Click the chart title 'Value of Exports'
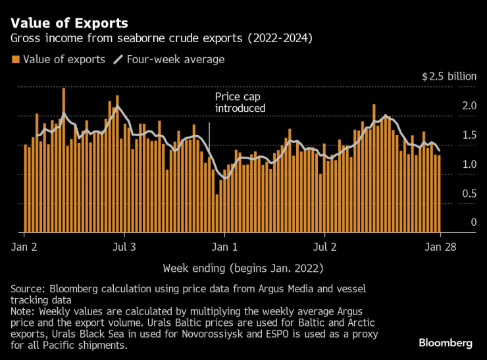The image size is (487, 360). [x=69, y=24]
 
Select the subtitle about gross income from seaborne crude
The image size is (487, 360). [x=161, y=39]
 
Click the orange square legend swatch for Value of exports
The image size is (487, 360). [x=15, y=60]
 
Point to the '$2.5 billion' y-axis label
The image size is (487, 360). [x=449, y=76]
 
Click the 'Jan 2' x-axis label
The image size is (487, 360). [x=24, y=247]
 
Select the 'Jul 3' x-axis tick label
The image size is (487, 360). [x=124, y=247]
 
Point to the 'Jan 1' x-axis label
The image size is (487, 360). [x=224, y=247]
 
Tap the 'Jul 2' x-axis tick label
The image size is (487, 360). [x=324, y=247]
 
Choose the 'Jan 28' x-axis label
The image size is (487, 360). [x=440, y=247]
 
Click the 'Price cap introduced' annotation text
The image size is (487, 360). [x=240, y=102]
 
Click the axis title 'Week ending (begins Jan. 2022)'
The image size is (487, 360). [x=243, y=269]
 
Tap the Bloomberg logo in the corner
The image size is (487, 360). [x=446, y=343]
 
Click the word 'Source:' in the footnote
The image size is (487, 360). [x=28, y=290]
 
